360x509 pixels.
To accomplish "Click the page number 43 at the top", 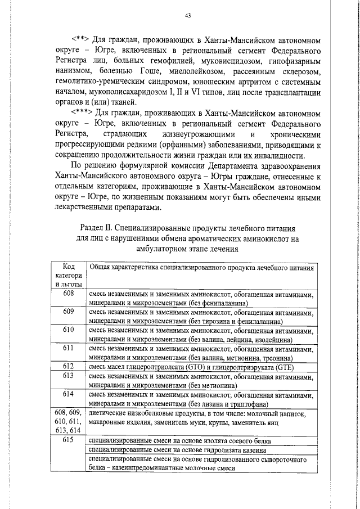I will coord(188,15).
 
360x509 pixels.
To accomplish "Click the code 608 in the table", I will coord(69,294).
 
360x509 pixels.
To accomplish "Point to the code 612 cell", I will coord(69,366).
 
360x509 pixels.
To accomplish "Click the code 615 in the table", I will coord(69,440).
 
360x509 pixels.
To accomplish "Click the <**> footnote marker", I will coord(83,42).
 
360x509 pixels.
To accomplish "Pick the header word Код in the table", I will coord(69,266).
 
